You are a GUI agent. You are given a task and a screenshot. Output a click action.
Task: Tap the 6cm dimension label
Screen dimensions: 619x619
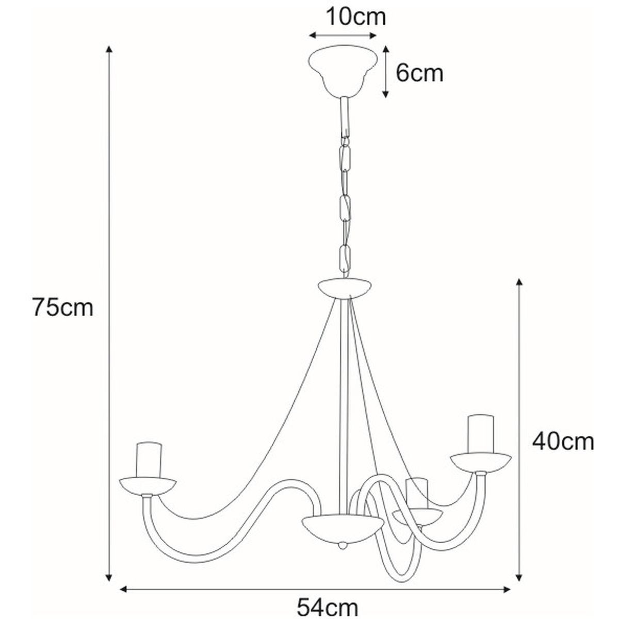coord(419,74)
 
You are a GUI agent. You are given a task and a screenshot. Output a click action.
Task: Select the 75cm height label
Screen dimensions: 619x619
coord(63,307)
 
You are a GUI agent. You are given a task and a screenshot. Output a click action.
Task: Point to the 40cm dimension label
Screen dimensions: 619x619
coord(563,442)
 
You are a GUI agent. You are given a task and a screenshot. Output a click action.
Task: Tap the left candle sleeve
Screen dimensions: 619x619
coord(149,460)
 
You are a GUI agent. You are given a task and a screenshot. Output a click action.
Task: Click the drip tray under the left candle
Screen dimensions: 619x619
coord(148,486)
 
